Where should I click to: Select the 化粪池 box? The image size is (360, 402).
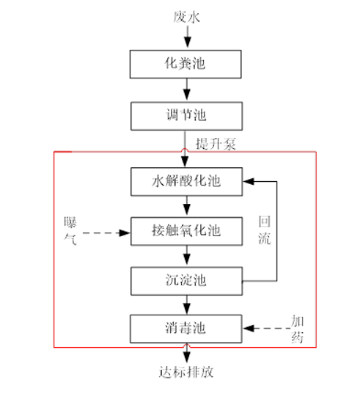(x=185, y=64)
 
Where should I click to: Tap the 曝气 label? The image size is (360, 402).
(x=71, y=228)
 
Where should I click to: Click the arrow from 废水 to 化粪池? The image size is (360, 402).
(x=185, y=37)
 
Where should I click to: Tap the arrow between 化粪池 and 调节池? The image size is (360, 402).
(x=185, y=89)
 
